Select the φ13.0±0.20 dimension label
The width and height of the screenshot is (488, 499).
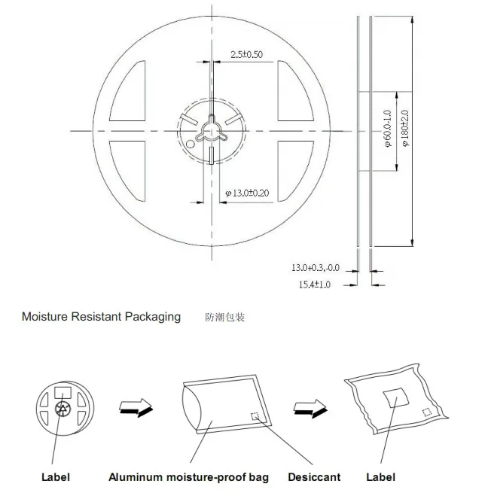(x=248, y=193)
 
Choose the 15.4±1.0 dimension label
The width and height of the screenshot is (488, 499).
(x=316, y=284)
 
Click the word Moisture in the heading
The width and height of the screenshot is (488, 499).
(x=44, y=317)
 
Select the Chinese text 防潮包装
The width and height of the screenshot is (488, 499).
(x=225, y=318)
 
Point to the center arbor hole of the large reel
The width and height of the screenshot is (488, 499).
(x=210, y=130)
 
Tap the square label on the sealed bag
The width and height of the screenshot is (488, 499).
(x=393, y=398)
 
